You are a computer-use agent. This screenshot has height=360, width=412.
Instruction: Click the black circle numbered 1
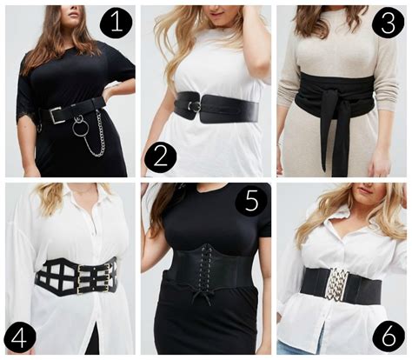point(116,23)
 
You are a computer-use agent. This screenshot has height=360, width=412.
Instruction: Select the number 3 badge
point(389,23)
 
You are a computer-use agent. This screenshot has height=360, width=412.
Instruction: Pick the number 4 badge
point(20,338)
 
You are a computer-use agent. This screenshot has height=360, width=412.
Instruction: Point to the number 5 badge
point(251,200)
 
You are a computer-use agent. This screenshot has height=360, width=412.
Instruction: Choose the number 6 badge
point(389,337)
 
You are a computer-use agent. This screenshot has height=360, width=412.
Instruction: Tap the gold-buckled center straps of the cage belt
point(93,277)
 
